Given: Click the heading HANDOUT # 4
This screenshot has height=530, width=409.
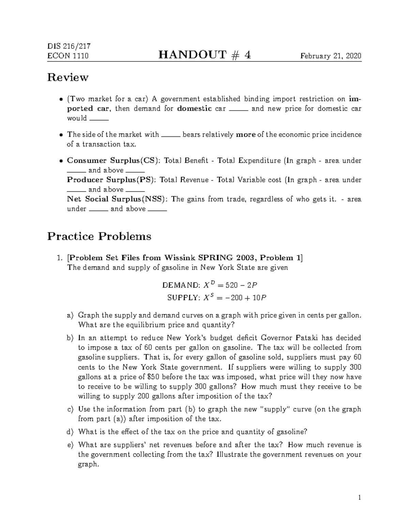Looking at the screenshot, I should (204, 55).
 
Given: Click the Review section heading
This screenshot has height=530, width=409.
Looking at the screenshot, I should (67, 78).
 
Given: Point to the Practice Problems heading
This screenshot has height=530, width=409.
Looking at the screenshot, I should (99, 236).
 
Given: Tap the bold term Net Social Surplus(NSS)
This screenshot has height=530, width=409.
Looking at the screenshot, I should (117, 199).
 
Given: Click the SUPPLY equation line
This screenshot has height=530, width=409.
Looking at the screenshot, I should (216, 298).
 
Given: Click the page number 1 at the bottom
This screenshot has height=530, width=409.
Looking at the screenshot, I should (359, 498).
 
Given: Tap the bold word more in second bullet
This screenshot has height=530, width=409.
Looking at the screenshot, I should (245, 134).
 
